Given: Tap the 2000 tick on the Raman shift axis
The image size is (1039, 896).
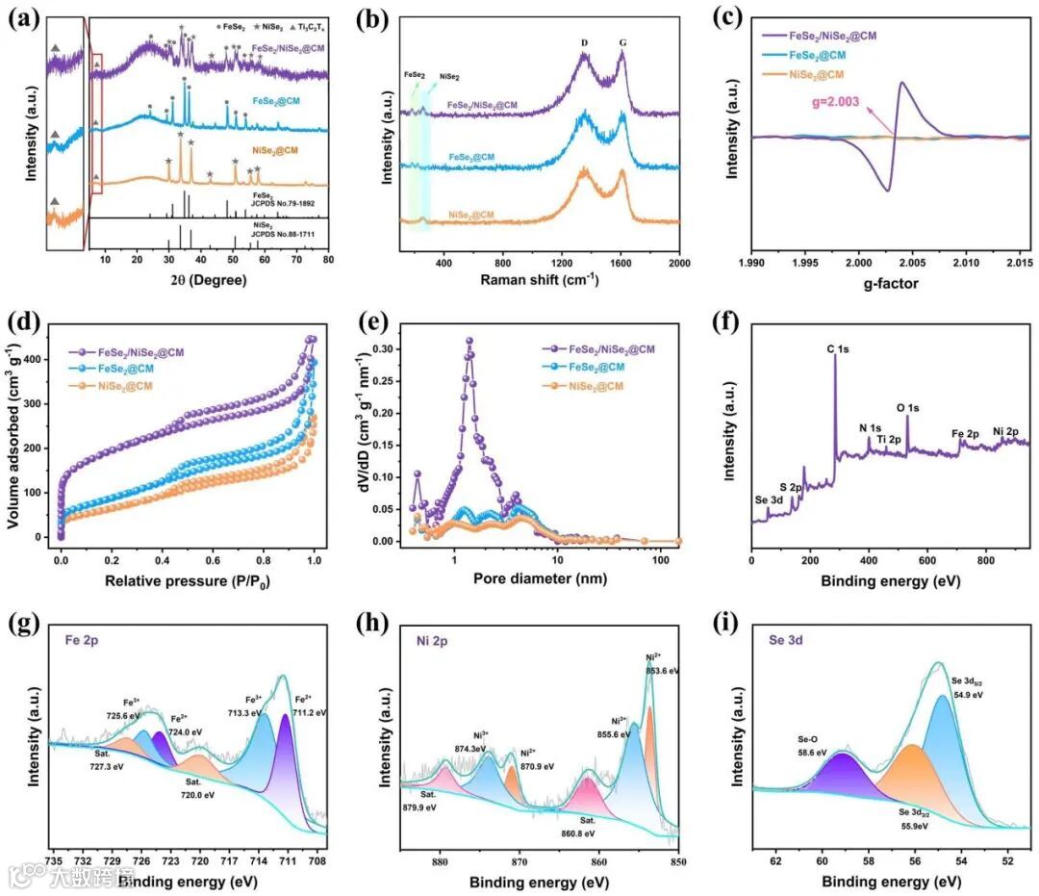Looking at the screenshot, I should tap(679, 262).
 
